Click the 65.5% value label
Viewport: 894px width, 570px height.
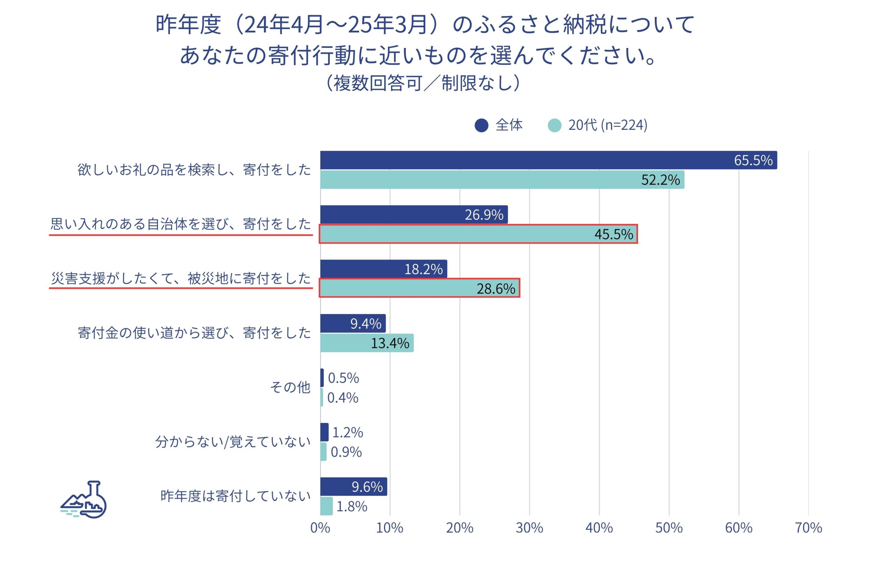[753, 160]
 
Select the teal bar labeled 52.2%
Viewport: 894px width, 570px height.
[502, 180]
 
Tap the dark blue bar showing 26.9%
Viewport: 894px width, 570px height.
[413, 215]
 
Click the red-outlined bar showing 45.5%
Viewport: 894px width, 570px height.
[478, 234]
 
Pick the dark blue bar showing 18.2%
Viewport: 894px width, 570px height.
[383, 269]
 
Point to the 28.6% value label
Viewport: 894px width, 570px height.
[496, 288]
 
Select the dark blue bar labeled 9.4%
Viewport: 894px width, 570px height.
[353, 324]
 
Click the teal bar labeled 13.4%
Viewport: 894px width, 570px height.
[367, 343]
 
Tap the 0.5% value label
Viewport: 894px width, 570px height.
[343, 378]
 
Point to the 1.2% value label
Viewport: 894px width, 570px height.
[347, 432]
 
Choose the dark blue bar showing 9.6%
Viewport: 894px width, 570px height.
[353, 487]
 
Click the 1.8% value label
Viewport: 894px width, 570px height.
[352, 506]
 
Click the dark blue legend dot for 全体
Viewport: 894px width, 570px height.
[481, 125]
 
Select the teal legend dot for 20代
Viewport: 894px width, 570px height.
[554, 125]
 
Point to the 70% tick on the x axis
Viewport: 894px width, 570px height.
[808, 528]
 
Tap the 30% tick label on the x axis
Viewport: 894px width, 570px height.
[529, 528]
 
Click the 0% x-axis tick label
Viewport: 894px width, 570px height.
[320, 528]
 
